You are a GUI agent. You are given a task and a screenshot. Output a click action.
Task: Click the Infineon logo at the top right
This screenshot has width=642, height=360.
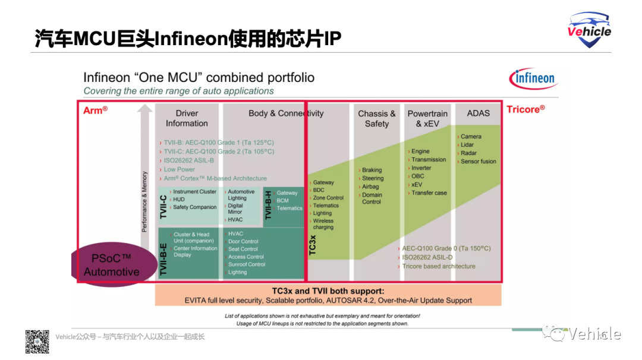[531, 78]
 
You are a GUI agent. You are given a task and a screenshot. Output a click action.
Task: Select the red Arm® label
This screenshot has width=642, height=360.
[95, 110]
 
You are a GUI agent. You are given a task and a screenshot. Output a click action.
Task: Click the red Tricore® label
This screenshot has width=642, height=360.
[525, 109]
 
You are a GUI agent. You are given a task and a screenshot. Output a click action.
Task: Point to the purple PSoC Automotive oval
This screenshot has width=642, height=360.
[111, 265]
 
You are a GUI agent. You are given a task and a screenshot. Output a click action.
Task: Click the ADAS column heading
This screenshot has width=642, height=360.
[478, 113]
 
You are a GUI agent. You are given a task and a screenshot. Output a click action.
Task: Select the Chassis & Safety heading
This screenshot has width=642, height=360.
[376, 118]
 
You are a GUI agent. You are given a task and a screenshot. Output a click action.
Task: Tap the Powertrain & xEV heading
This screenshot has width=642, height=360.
[427, 118]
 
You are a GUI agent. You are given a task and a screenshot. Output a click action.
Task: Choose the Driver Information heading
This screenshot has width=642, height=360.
[187, 118]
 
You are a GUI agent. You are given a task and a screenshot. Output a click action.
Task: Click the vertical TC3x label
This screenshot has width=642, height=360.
[313, 245]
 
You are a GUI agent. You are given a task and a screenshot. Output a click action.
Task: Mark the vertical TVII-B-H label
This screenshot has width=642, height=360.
[268, 206]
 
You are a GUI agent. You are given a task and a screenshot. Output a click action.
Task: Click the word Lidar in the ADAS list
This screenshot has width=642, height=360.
[467, 145]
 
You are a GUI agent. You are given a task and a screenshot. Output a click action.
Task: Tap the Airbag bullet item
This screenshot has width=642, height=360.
[370, 187]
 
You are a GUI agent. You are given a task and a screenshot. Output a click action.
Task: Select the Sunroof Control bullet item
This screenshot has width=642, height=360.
[247, 264]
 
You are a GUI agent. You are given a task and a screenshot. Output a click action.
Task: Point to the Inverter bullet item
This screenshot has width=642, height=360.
[421, 168]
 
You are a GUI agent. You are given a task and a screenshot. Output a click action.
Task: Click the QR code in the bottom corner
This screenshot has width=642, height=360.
[37, 342]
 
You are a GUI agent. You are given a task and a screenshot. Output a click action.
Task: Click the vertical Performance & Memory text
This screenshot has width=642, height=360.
[144, 201]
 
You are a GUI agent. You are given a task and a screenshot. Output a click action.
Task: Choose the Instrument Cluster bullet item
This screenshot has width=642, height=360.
[194, 192]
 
